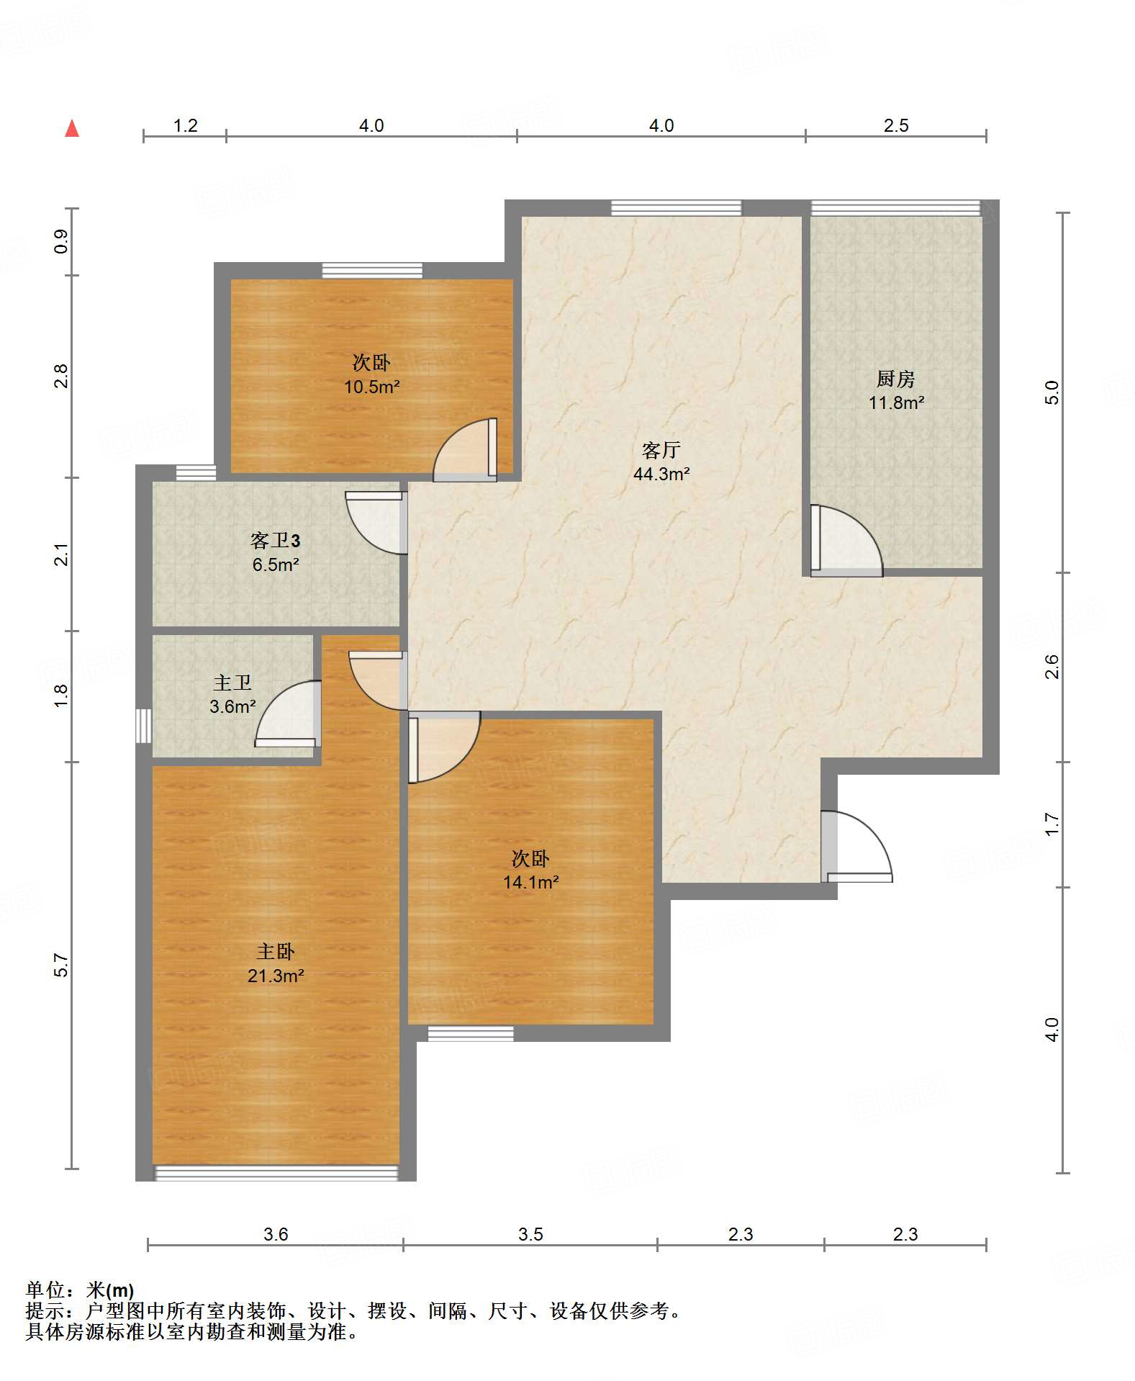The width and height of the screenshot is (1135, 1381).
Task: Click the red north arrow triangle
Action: pyautogui.click(x=72, y=128)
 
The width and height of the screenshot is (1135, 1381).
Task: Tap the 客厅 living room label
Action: pyautogui.click(x=661, y=450)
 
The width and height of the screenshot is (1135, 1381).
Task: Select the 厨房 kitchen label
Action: pyautogui.click(x=895, y=379)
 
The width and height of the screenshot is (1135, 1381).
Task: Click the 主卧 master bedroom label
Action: pyautogui.click(x=276, y=952)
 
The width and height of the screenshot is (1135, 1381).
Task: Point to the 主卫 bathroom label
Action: pyautogui.click(x=232, y=683)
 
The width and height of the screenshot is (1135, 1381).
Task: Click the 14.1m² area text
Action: pyautogui.click(x=531, y=883)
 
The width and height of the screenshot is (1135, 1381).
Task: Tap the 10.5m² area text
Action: pyautogui.click(x=371, y=387)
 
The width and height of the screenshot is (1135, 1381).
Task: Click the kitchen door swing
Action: pyautogui.click(x=846, y=541)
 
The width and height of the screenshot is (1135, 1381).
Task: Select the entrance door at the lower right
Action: pyautogui.click(x=856, y=847)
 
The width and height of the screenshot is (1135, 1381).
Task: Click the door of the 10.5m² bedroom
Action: pyautogui.click(x=465, y=449)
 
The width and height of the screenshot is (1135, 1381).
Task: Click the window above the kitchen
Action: pyautogui.click(x=895, y=208)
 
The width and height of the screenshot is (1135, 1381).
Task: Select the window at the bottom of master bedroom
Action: pyautogui.click(x=276, y=1174)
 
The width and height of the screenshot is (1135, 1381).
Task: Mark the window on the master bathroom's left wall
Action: pyautogui.click(x=144, y=726)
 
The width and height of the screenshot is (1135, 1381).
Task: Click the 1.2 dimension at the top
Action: pyautogui.click(x=186, y=126)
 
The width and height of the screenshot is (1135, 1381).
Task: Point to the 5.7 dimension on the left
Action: pyautogui.click(x=62, y=966)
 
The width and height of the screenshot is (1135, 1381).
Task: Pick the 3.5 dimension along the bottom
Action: pyautogui.click(x=531, y=1235)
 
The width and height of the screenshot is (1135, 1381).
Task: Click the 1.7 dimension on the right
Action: pyautogui.click(x=1052, y=824)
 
